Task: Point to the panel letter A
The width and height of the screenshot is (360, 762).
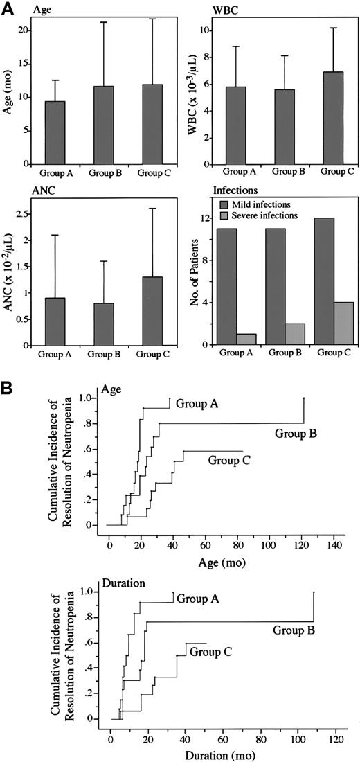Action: (9, 8)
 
